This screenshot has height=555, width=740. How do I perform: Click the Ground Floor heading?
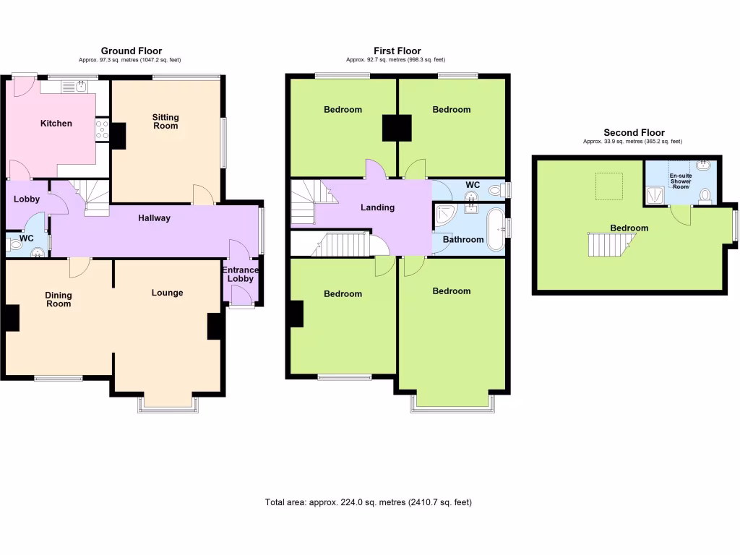tap(131, 51)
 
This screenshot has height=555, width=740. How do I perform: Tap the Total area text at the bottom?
tap(369, 502)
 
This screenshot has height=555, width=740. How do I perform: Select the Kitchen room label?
tap(56, 124)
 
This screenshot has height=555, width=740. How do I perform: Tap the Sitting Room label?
tap(165, 121)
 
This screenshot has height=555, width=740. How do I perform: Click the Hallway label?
tap(154, 218)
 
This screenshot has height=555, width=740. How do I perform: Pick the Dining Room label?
tap(59, 299)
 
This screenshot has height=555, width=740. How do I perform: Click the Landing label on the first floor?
tap(377, 207)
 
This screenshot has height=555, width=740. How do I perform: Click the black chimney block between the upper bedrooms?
tap(396, 128)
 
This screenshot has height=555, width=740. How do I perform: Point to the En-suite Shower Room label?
tap(680, 181)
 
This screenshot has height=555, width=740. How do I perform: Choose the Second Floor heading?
tap(634, 132)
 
